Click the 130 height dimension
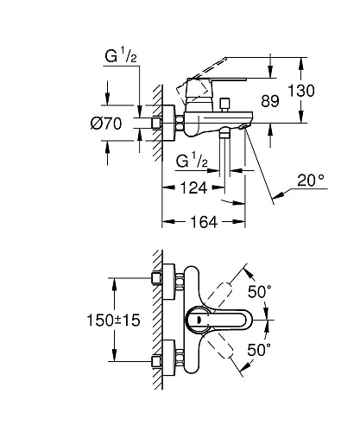(301, 91)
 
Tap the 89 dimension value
(270, 101)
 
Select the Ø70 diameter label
(106, 124)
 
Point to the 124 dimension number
(193, 188)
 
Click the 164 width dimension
(204, 222)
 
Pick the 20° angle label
(311, 181)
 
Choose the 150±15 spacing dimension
(113, 321)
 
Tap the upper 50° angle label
(260, 292)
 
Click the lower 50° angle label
(259, 350)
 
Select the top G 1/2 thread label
(121, 56)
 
